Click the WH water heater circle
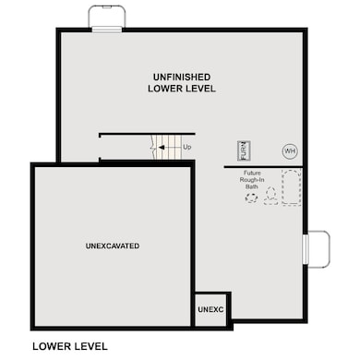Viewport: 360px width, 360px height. pos(290,151)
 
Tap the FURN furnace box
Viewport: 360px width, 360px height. pos(244,150)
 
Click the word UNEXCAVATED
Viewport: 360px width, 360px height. pos(113,246)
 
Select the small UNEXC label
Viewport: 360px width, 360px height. pos(210,309)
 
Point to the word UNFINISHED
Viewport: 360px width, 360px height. pos(182,77)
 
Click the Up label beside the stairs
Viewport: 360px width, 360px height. pos(187,147)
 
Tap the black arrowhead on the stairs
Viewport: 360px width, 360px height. pos(162,148)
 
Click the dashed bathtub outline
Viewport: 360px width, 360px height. pos(292,187)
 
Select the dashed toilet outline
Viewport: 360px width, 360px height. pos(270,197)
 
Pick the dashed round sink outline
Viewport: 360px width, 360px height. pos(251,198)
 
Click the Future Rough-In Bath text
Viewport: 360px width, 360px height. pos(252,180)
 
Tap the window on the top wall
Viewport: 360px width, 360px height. pos(107,30)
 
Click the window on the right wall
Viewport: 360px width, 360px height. pos(305,249)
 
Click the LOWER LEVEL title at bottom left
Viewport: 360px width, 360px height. pos(70,346)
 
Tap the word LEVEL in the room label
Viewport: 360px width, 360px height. pos(199,89)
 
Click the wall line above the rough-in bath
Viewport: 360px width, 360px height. pos(263,167)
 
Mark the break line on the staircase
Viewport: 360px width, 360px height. pos(153,147)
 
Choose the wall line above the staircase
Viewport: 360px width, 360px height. pos(147,134)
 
